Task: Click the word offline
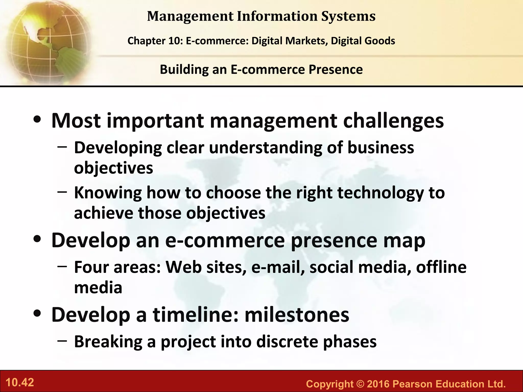click(x=441, y=267)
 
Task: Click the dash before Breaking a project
click(x=62, y=341)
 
